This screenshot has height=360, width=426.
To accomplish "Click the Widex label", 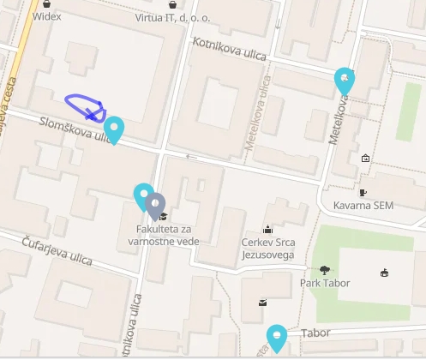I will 46,16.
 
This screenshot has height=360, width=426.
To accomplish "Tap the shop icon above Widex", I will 46,4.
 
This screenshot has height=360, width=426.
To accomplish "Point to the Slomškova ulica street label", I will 73,129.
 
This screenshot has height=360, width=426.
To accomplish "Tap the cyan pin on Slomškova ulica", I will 113,129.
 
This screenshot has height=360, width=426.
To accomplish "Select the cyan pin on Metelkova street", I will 345,81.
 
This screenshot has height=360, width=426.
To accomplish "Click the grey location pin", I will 155,206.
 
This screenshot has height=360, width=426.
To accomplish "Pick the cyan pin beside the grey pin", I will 143,196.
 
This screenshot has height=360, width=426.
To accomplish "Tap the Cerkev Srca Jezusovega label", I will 268,249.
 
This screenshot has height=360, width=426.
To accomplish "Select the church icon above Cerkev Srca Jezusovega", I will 268,229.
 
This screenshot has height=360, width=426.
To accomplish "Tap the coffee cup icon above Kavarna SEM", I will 363,192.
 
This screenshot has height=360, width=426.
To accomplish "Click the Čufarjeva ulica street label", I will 58,249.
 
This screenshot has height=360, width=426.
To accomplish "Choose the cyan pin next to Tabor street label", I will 276,338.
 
